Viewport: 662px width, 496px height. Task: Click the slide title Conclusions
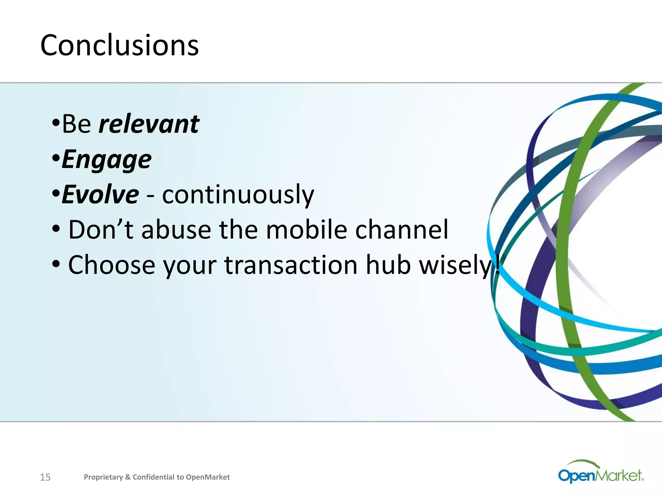119,45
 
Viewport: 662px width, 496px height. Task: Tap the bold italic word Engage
106,160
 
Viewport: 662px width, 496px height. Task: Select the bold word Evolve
100,195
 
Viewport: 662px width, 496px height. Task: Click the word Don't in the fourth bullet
101,230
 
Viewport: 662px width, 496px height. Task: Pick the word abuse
176,230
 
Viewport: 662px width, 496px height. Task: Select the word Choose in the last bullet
112,265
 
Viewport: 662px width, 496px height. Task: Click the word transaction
291,265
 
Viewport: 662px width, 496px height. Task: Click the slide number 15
45,477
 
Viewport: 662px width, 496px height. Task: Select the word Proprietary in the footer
103,477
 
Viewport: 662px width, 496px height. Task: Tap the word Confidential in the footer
153,477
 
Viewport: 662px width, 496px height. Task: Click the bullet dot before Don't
56,229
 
